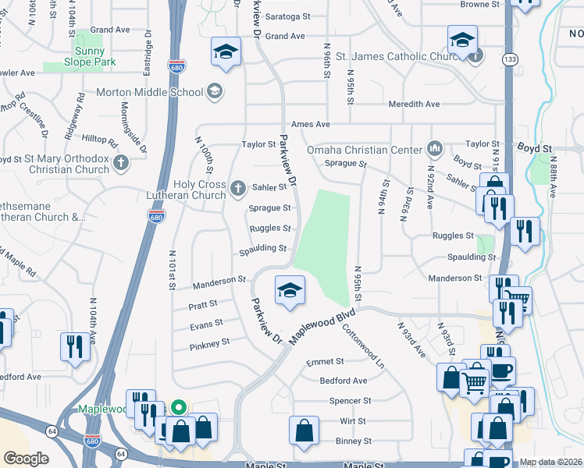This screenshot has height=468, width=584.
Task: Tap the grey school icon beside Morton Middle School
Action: [x=214, y=92]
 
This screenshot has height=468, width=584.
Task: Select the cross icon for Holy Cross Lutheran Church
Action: [x=239, y=187]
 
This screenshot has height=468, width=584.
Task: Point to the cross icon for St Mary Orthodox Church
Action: [x=120, y=163]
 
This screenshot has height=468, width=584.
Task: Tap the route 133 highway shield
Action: [x=509, y=59]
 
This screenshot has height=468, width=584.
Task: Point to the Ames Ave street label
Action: [x=310, y=124]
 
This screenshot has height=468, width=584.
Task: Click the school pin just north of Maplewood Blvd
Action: [x=288, y=290]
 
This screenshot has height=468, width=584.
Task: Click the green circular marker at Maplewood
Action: [x=179, y=407]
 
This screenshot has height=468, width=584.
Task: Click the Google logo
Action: [x=26, y=459]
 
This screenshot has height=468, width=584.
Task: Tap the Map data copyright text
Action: [x=550, y=462]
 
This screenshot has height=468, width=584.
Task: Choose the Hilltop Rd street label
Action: [x=99, y=144]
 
